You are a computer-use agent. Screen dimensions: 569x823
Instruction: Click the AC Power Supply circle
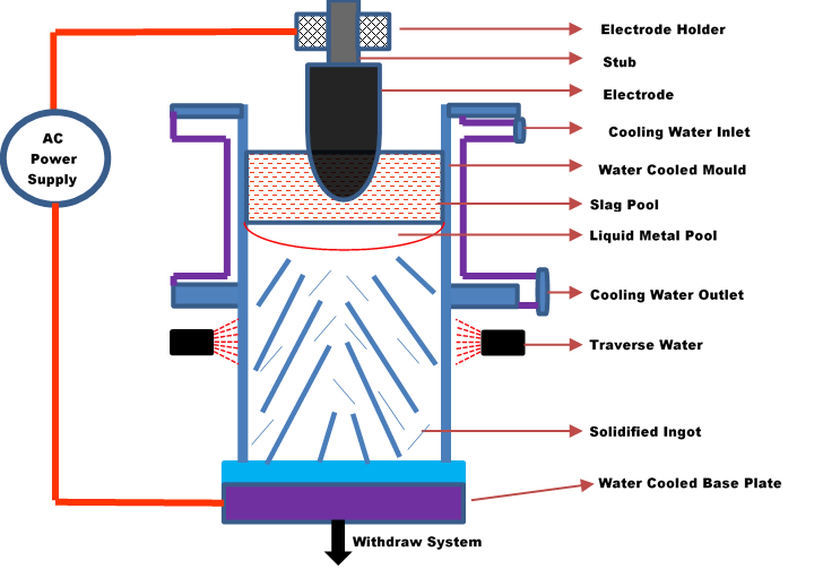coord(55,158)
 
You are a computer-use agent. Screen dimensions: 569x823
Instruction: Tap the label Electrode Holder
coord(663,29)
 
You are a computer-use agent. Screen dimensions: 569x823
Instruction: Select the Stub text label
coord(619,62)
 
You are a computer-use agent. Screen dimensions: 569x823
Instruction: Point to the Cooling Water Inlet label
coord(679,132)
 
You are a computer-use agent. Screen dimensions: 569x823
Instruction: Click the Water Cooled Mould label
coord(672,170)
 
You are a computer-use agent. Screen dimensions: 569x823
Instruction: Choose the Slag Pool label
coord(624,205)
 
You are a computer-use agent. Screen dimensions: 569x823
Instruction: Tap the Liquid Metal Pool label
coord(653,236)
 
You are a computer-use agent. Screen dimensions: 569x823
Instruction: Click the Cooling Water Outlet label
coord(667,295)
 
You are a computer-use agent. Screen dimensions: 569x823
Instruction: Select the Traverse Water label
coord(646,345)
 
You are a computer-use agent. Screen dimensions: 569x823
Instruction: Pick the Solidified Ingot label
coord(645,432)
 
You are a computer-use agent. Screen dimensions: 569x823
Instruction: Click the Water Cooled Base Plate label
coord(689,483)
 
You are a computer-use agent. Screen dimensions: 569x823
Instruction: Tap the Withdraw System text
coord(417,542)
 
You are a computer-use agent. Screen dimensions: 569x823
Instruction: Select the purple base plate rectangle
coord(344,503)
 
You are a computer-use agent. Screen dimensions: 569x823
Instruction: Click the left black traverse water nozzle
coord(192,342)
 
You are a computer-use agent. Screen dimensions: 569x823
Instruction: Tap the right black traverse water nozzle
coord(502,342)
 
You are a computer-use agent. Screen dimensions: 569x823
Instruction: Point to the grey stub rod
coord(343,32)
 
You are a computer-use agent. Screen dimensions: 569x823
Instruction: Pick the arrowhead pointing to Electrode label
coord(575,91)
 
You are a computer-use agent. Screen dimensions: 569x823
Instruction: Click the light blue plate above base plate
coord(344,471)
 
